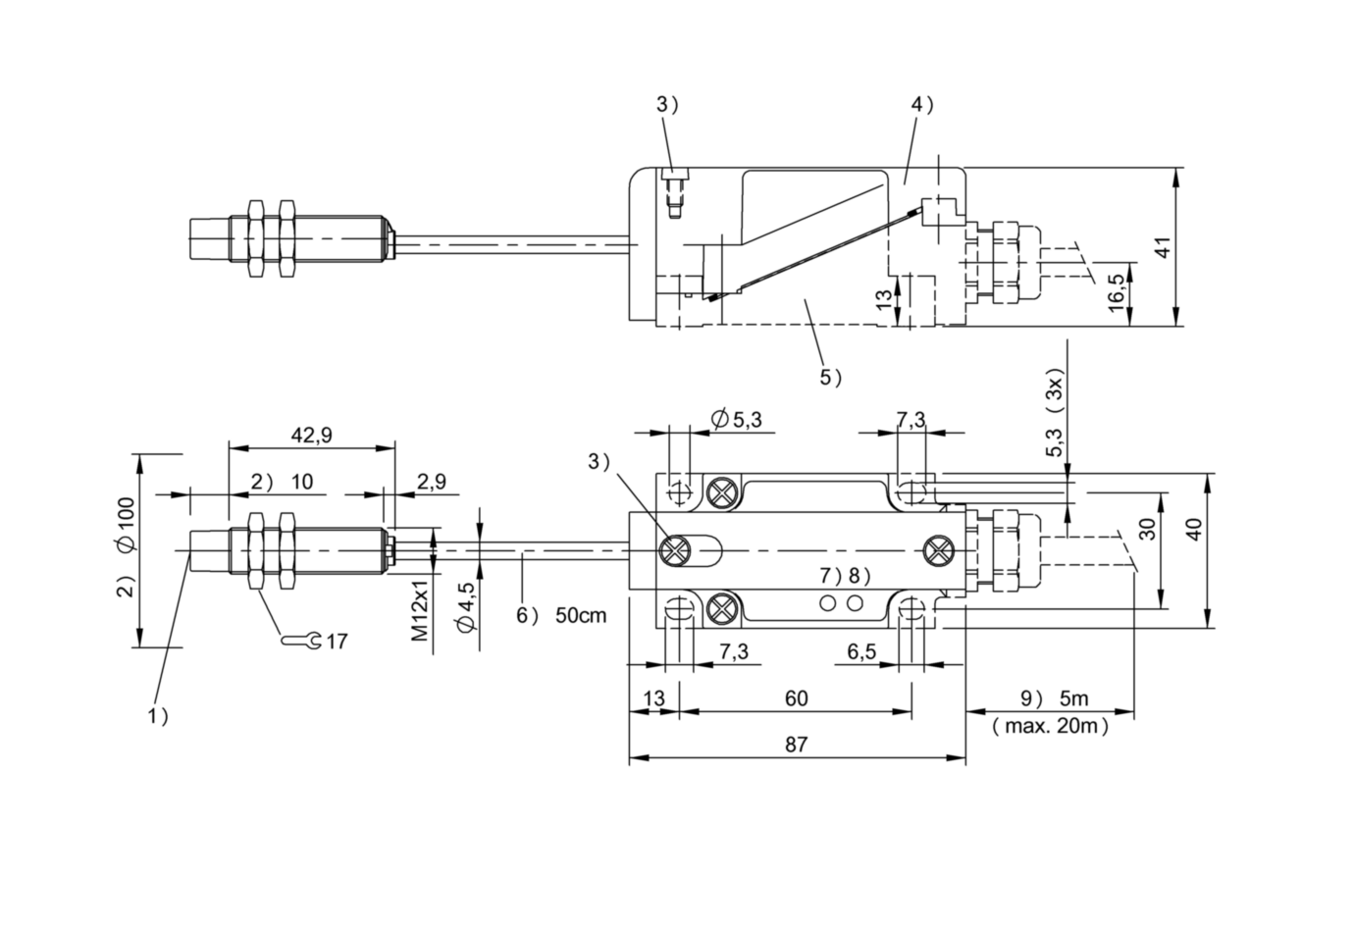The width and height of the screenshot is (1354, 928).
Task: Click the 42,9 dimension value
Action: pyautogui.click(x=311, y=436)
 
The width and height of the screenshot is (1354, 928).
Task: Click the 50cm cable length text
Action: pyautogui.click(x=581, y=615)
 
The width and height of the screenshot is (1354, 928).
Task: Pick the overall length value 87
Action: pyautogui.click(x=796, y=745)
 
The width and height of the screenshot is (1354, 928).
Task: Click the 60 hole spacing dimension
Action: pyautogui.click(x=796, y=698)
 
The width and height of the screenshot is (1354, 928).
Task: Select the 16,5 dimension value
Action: pyautogui.click(x=1116, y=292)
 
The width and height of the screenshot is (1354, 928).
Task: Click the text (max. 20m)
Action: pyautogui.click(x=1051, y=726)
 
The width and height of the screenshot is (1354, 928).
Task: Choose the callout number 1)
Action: pyautogui.click(x=158, y=716)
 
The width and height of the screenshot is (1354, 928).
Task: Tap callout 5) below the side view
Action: pyautogui.click(x=830, y=378)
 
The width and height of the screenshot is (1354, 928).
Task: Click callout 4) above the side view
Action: pyautogui.click(x=922, y=105)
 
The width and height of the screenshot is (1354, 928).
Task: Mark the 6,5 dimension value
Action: pyautogui.click(x=861, y=651)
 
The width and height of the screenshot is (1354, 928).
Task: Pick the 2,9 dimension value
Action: pyautogui.click(x=432, y=482)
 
